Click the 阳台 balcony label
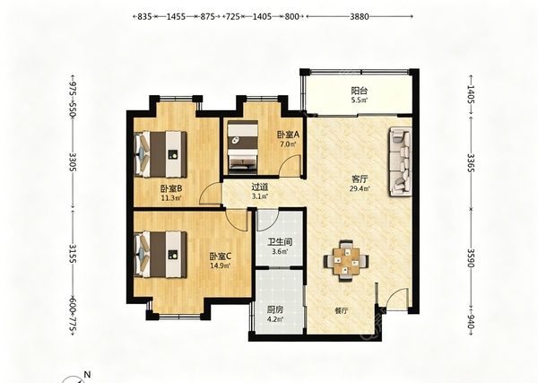(360, 91)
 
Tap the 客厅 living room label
(360, 178)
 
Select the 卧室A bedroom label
(288, 135)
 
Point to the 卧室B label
(171, 188)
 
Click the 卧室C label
(221, 256)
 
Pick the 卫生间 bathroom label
(280, 242)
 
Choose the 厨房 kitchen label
(275, 310)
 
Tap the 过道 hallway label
(260, 187)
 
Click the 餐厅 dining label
(342, 311)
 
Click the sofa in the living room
(401, 161)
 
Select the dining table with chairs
(346, 260)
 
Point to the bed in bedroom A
(243, 145)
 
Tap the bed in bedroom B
(161, 154)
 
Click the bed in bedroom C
(161, 255)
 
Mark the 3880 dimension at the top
(360, 16)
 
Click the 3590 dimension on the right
(471, 258)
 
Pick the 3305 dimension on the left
(73, 162)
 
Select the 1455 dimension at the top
(176, 16)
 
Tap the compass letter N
(88, 374)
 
